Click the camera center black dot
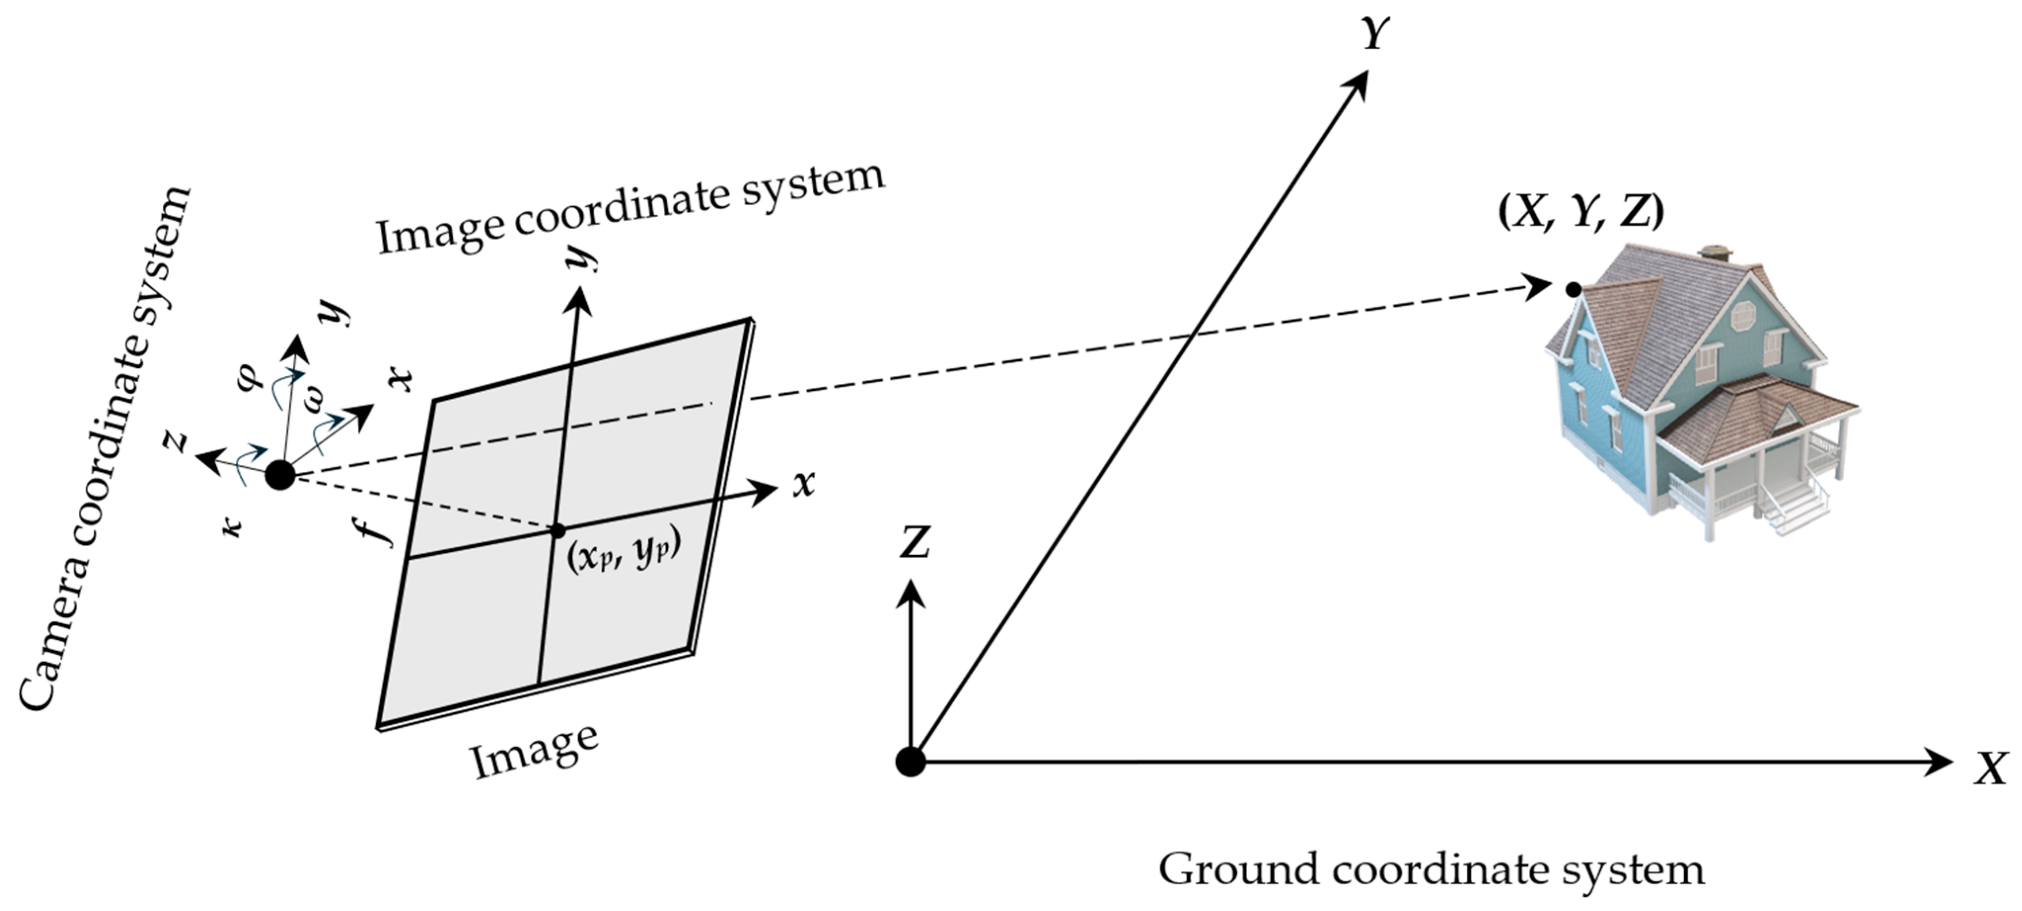[x=280, y=475]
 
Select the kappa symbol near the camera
[x=232, y=526]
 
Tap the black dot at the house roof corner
[x=1573, y=289]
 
